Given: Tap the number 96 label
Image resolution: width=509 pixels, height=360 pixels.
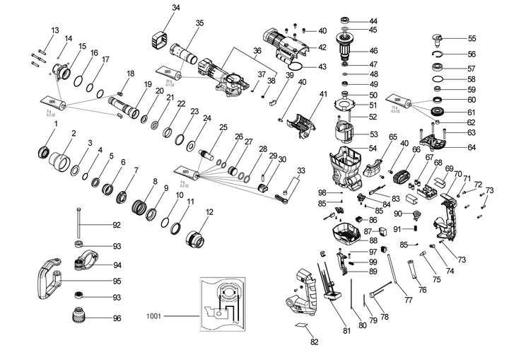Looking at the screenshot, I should (x=117, y=318).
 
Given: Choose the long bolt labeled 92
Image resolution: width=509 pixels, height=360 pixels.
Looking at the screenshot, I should (x=78, y=226).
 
